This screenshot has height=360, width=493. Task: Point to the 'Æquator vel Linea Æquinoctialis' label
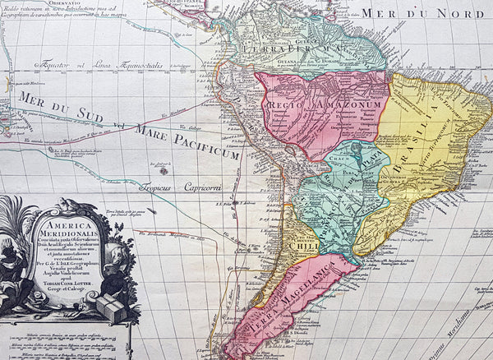coord(99,64)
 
